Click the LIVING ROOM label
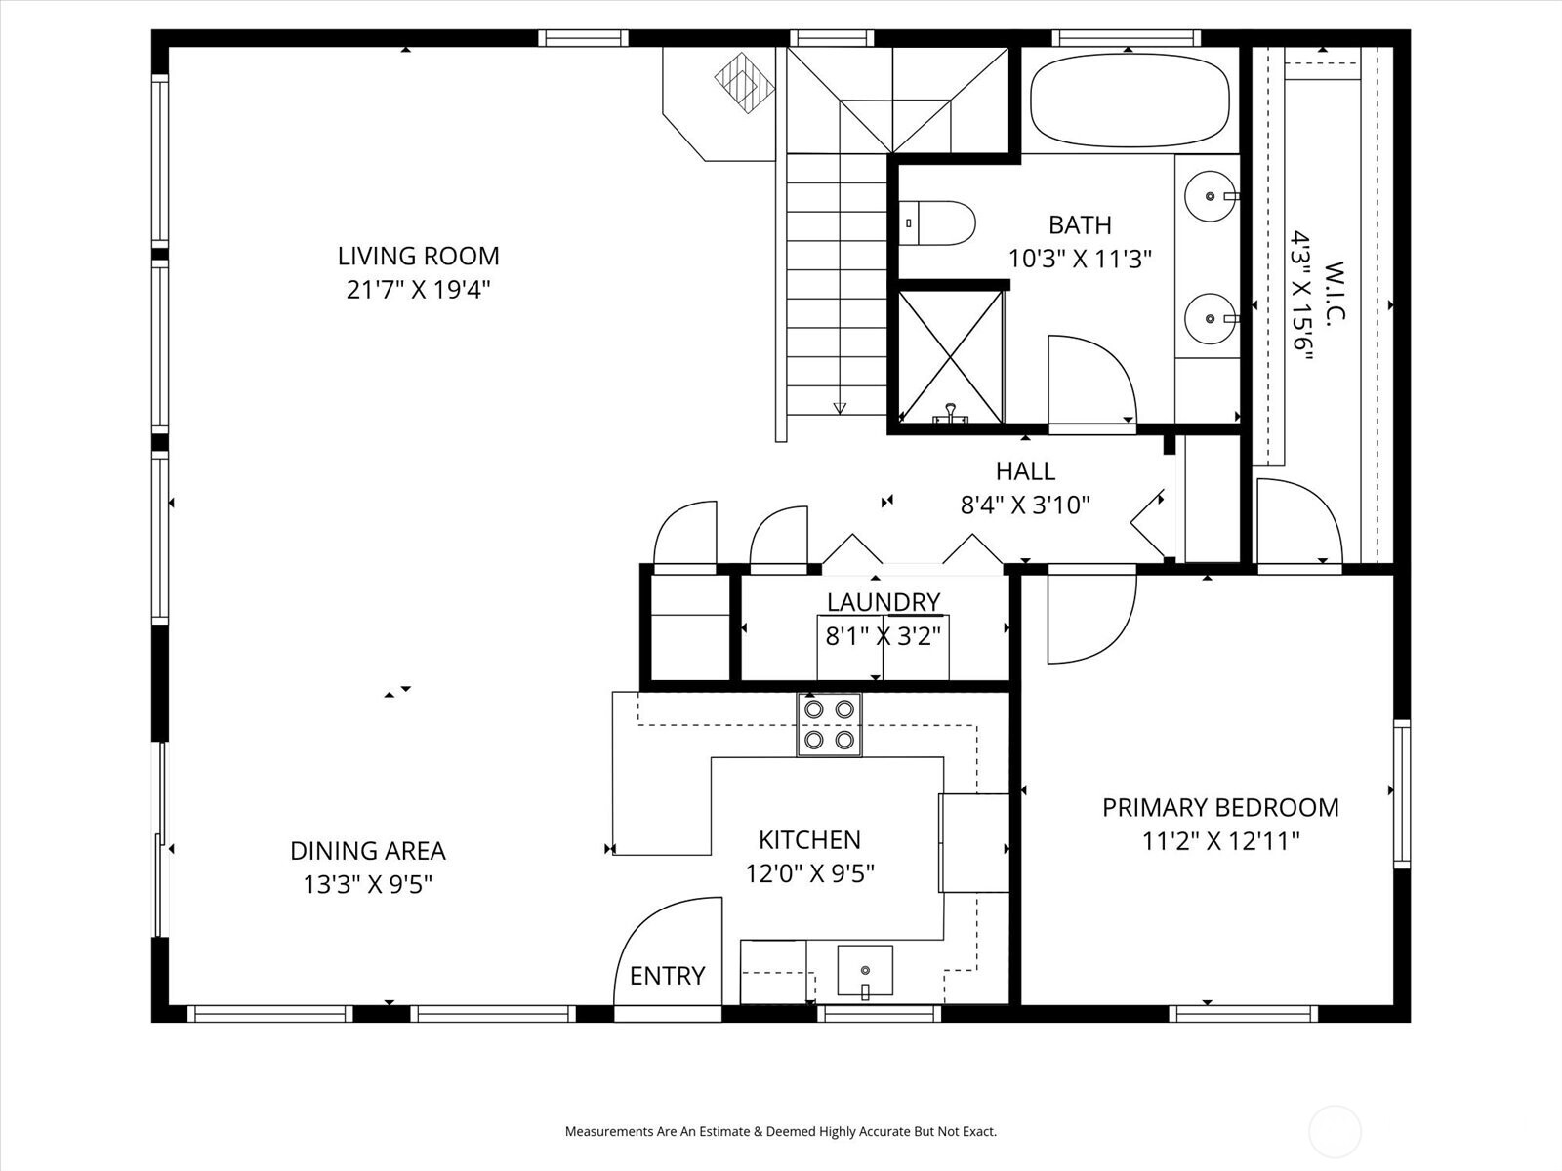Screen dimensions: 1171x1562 point(418,256)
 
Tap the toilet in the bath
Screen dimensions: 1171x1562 point(939,223)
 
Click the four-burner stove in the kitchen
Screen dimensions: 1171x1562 point(829,725)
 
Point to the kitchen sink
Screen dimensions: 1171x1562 point(865,970)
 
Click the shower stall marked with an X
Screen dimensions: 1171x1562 point(950,356)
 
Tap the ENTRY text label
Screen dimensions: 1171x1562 point(667,976)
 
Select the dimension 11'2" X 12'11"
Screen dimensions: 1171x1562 point(1220,840)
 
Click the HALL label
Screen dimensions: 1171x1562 point(1025,471)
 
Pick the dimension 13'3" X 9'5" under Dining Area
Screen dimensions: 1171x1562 point(367,884)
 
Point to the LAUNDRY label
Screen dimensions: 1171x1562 point(883,602)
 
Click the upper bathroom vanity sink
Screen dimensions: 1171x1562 point(1211,196)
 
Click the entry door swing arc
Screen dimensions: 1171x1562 point(664,937)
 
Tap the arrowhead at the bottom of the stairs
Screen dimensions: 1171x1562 point(840,408)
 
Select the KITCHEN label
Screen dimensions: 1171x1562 point(809,839)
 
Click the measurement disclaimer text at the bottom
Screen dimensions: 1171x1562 point(781,1132)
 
